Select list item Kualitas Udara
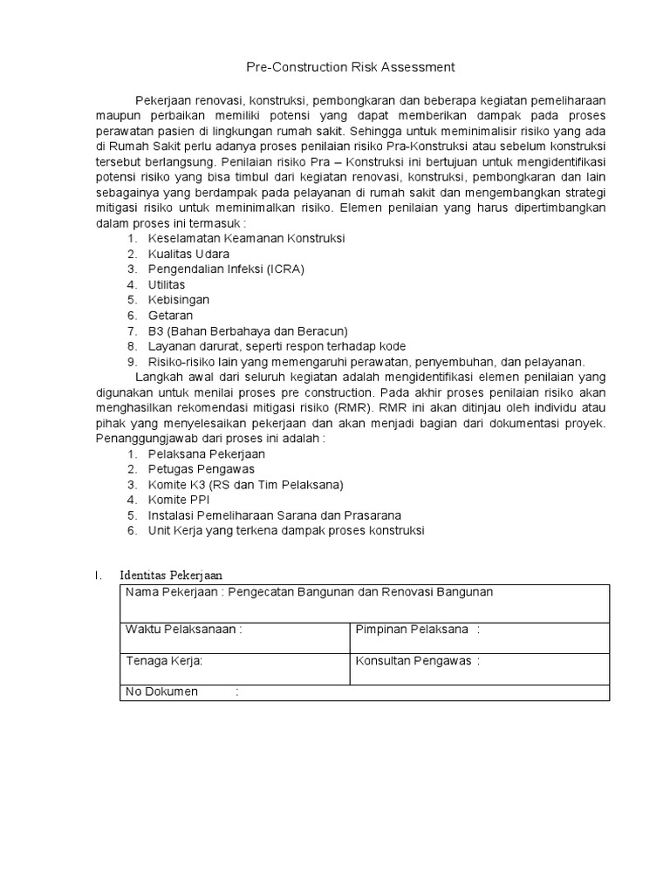[x=188, y=254]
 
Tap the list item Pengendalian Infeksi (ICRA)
[x=226, y=269]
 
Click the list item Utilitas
[x=167, y=284]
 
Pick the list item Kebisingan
[x=179, y=299]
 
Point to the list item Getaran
[x=170, y=315]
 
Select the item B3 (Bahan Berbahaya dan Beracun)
[x=248, y=331]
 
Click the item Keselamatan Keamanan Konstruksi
[x=247, y=238]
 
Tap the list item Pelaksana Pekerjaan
[x=207, y=453]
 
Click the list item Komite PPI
[x=179, y=500]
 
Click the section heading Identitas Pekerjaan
[x=171, y=575]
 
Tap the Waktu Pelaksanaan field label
[x=181, y=630]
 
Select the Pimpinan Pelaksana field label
[x=412, y=630]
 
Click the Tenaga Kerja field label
[x=164, y=660]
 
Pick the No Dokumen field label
[x=161, y=692]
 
